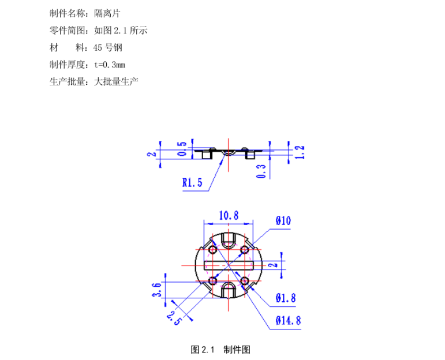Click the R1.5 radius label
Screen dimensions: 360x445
click(x=192, y=183)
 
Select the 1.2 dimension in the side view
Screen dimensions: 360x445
click(x=299, y=152)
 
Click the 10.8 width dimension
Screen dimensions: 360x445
click(x=229, y=215)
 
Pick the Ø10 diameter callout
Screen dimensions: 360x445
click(x=283, y=221)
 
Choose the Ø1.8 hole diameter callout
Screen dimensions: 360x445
click(x=286, y=298)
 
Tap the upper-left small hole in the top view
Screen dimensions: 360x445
click(x=213, y=250)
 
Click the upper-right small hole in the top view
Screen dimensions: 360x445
click(x=245, y=249)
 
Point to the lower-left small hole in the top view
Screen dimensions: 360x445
click(x=213, y=281)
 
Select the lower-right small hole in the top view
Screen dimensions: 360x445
click(x=245, y=281)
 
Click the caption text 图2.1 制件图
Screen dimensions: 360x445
click(x=220, y=350)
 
